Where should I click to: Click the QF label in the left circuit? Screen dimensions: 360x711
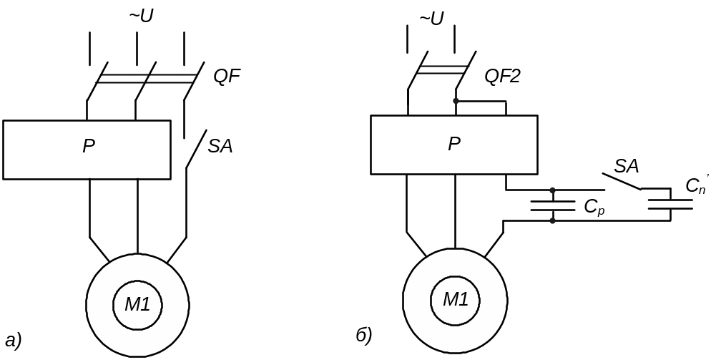click(x=227, y=76)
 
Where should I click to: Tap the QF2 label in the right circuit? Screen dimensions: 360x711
click(x=502, y=76)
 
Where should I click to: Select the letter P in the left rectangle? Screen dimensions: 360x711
click(x=89, y=147)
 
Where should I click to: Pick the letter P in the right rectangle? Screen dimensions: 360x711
click(x=454, y=144)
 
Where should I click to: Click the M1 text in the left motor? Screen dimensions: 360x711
click(x=137, y=304)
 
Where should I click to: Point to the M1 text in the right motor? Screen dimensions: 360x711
click(x=455, y=299)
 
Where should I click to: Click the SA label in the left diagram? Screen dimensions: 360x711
click(x=220, y=147)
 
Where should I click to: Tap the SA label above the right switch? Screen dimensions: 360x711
click(x=627, y=167)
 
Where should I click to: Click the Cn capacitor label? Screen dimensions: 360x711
click(x=695, y=186)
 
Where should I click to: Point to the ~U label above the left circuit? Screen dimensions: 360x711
click(x=141, y=16)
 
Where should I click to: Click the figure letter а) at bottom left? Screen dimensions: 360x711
click(x=13, y=339)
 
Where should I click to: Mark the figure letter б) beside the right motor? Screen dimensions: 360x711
click(x=364, y=335)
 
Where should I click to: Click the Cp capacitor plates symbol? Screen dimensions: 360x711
click(x=552, y=206)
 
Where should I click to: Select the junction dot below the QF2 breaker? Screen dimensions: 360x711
click(x=456, y=101)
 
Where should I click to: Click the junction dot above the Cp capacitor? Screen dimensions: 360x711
click(x=552, y=190)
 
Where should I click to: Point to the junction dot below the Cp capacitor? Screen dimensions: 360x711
click(x=552, y=221)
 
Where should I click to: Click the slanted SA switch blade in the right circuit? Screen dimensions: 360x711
click(x=621, y=182)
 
